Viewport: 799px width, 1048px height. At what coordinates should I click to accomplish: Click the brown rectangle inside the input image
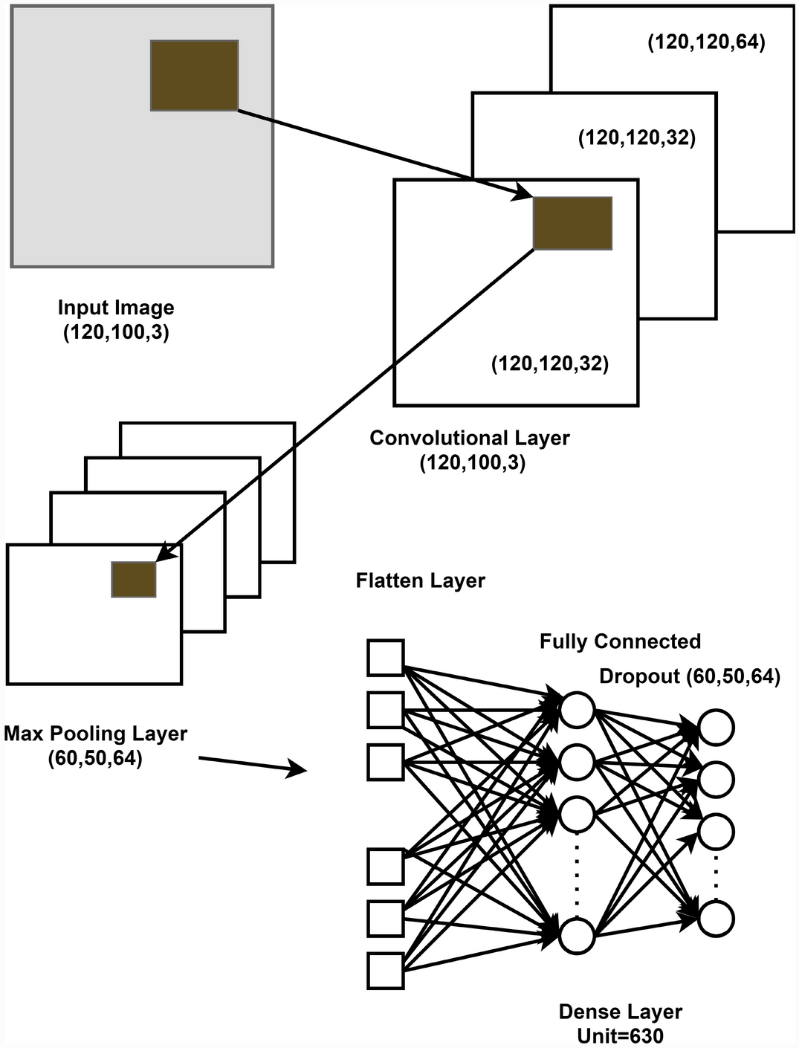click(194, 76)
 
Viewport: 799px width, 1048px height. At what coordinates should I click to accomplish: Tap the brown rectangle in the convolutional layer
click(572, 223)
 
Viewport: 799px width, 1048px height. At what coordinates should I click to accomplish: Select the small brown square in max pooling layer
click(134, 579)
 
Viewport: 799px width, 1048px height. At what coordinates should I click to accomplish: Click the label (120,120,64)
click(706, 42)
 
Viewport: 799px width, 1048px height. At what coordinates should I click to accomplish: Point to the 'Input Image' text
click(116, 308)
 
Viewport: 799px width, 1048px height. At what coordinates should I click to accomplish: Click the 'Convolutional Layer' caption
click(470, 438)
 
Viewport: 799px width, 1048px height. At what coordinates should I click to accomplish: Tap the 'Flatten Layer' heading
click(420, 580)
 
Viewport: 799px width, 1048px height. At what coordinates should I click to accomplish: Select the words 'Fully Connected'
click(620, 641)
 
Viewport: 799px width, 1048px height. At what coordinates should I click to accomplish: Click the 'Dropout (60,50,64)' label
click(690, 676)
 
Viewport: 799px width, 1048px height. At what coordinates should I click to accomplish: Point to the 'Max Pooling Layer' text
click(95, 734)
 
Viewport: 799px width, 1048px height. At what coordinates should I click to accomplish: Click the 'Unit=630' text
click(620, 1035)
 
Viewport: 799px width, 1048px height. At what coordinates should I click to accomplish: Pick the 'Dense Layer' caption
click(620, 1012)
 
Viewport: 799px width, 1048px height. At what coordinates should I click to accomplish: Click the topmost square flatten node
click(386, 658)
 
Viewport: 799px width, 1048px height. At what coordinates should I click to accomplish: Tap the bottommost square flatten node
click(386, 971)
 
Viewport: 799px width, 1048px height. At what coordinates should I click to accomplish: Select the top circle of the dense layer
click(578, 709)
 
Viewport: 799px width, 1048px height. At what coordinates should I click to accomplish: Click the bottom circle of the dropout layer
click(716, 919)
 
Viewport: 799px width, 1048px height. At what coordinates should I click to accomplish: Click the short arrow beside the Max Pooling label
click(253, 765)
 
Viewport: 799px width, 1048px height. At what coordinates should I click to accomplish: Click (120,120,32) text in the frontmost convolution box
click(550, 363)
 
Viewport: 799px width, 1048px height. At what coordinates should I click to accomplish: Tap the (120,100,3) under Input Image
click(116, 332)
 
